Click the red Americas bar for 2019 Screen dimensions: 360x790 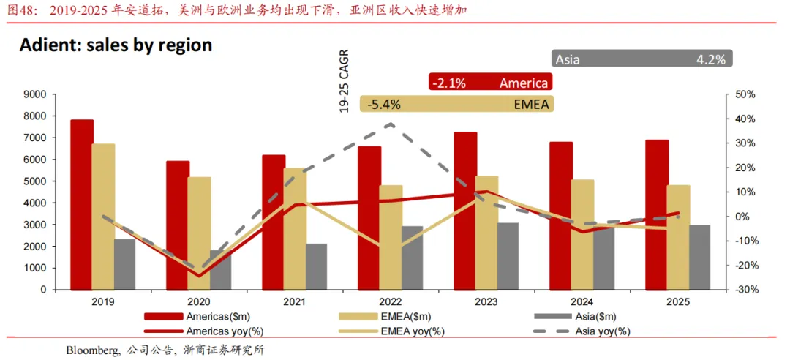click(82, 204)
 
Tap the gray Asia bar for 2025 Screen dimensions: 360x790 click(699, 257)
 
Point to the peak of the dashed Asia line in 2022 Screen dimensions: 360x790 click(391, 124)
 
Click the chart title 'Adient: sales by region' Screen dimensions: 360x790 click(116, 45)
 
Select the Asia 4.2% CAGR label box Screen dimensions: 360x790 click(642, 59)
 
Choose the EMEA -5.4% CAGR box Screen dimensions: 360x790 click(457, 105)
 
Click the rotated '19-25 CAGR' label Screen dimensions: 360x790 click(344, 81)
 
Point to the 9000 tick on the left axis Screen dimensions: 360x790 click(35, 94)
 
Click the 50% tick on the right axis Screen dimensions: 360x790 click(745, 94)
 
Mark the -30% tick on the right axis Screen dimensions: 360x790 click(745, 290)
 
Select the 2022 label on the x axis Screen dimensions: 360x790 click(390, 301)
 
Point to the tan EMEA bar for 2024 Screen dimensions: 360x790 click(582, 234)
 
